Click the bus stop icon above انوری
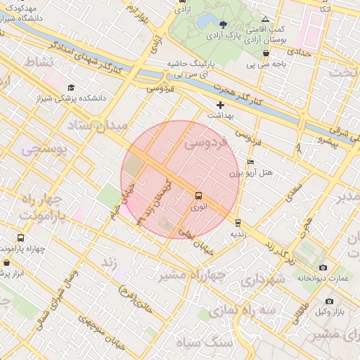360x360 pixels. click(198, 196)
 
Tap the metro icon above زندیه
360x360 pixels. click(238, 222)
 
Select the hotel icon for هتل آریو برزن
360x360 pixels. click(251, 162)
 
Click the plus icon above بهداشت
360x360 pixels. click(221, 105)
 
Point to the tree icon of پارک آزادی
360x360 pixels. click(223, 25)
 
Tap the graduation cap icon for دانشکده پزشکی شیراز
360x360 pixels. click(71, 87)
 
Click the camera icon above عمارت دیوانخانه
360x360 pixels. click(323, 267)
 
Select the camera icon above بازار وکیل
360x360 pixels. click(328, 300)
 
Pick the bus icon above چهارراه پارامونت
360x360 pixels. click(20, 238)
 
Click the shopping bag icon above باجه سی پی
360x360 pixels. click(266, 53)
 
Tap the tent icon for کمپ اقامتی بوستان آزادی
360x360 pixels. click(265, 20)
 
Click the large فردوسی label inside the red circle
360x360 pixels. click(207, 144)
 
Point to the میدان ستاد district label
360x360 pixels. click(98, 127)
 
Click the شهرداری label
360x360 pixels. click(263, 280)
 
